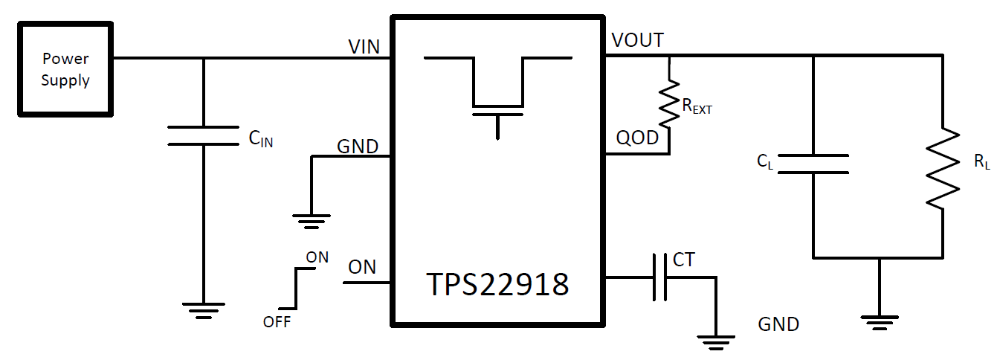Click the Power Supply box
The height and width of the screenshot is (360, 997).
coord(65,69)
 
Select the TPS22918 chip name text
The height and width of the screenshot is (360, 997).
coord(497,284)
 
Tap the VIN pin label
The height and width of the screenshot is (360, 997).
coord(364,47)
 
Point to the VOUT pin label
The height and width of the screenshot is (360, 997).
coord(637,40)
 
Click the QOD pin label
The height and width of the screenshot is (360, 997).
coord(637,138)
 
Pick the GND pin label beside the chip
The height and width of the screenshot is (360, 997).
coord(358,146)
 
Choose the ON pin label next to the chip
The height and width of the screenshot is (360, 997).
coord(362,267)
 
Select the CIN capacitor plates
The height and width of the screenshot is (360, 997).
coord(203,136)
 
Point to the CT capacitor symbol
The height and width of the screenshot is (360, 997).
coord(659,277)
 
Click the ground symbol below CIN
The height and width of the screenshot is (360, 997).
coord(203,310)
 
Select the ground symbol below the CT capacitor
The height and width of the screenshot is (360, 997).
coord(716,341)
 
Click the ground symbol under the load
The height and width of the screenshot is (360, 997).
coord(880,322)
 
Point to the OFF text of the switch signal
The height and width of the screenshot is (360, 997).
coord(277,322)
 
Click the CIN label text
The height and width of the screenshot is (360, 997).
coord(260,138)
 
